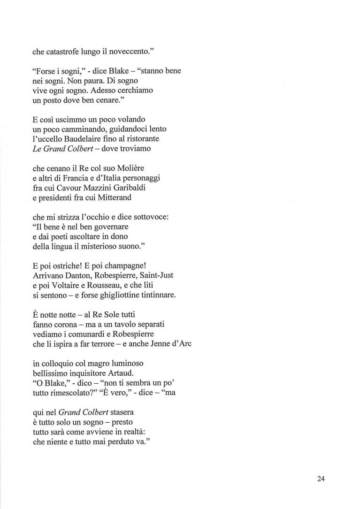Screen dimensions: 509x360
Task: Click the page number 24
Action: pos(321,479)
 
